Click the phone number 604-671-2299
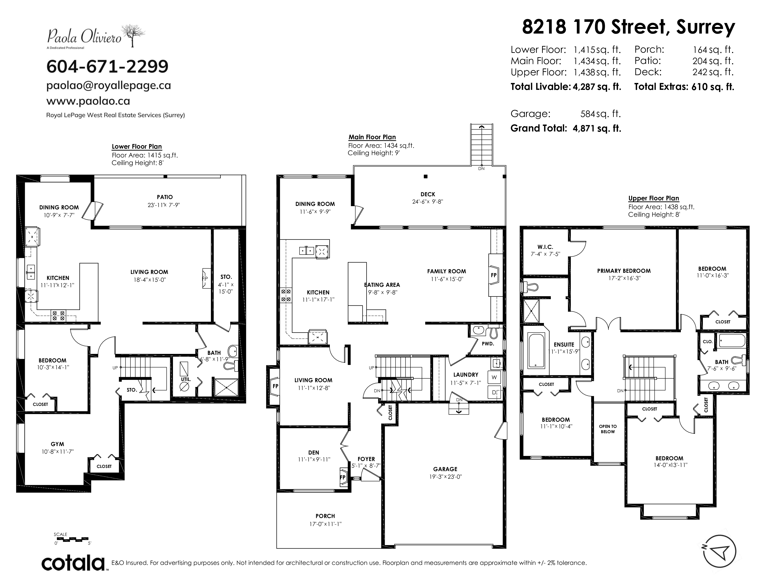(107, 66)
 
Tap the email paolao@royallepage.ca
(109, 85)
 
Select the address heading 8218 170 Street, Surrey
(628, 27)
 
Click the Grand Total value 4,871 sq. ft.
(597, 128)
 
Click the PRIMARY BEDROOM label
(624, 271)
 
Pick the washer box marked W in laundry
(494, 377)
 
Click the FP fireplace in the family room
(494, 275)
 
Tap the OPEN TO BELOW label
(608, 429)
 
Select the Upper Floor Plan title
(653, 198)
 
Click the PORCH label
(325, 516)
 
